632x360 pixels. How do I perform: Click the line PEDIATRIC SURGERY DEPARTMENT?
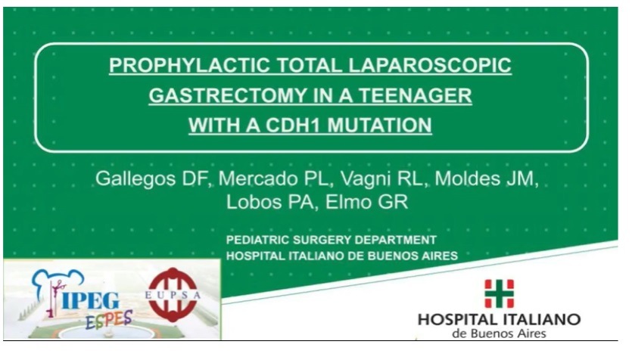pyautogui.click(x=332, y=241)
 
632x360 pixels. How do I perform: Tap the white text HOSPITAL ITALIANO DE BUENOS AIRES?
pyautogui.click(x=341, y=256)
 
